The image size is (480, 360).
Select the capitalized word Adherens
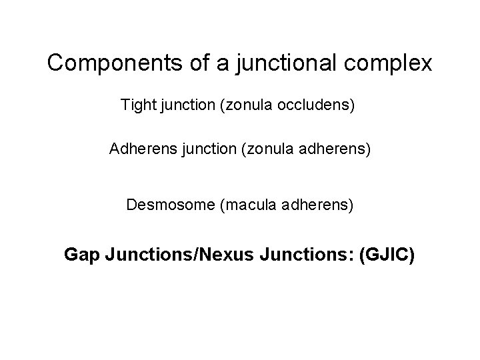tap(136, 149)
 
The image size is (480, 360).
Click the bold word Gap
tap(79, 254)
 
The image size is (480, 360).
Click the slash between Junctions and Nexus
tap(193, 254)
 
